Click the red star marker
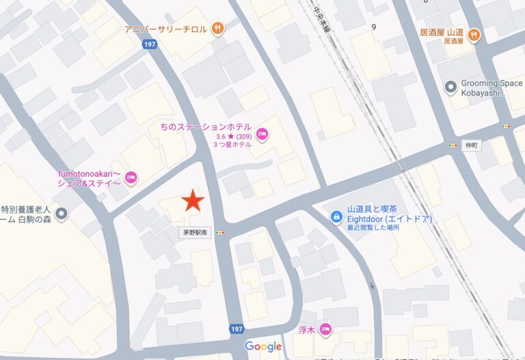tap(193, 201)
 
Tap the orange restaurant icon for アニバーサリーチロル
tap(217, 28)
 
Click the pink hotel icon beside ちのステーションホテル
tap(262, 135)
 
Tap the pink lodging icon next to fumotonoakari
tap(132, 178)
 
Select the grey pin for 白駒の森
tap(62, 214)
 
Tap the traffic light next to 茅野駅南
tap(220, 232)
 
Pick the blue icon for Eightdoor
tap(336, 217)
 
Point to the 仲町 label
tap(472, 146)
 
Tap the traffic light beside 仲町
tap(453, 146)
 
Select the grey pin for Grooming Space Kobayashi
tap(450, 87)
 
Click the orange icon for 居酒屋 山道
tap(473, 36)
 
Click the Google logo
tap(263, 346)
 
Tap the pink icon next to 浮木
tap(325, 329)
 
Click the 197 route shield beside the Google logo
tap(237, 329)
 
